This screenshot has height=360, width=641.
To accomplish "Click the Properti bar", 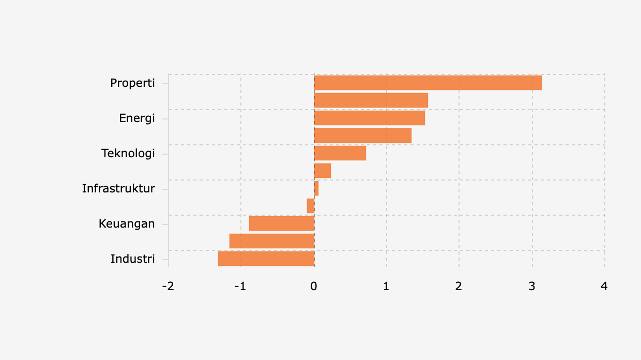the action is (428, 83).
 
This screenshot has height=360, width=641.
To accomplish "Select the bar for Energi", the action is (370, 118).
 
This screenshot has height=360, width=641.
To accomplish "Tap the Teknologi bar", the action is (340, 153).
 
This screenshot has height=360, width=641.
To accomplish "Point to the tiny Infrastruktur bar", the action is (316, 188).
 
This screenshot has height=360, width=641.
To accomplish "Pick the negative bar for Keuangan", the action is (282, 223).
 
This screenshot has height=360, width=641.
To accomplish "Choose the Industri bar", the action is (266, 259).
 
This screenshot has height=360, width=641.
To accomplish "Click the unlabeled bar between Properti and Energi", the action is (371, 100).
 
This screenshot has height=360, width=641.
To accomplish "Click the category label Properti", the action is (132, 83).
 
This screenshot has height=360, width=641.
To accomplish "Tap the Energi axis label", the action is (137, 118).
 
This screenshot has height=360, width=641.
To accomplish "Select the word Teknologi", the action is (128, 154).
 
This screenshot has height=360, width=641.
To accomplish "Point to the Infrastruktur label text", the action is (118, 188).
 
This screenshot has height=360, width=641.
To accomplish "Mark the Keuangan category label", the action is (127, 223).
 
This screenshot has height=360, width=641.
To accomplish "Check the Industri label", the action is (133, 259).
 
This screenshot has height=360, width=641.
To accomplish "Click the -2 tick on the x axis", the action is (168, 286).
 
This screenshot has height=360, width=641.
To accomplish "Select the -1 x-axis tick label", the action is (240, 286).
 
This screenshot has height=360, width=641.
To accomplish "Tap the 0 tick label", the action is (314, 286).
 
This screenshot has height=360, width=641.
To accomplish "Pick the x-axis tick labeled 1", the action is (386, 286).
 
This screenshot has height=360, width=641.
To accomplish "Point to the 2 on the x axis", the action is (459, 286).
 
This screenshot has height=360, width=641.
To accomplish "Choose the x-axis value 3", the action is (532, 286).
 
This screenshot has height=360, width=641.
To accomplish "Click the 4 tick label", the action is (604, 286).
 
